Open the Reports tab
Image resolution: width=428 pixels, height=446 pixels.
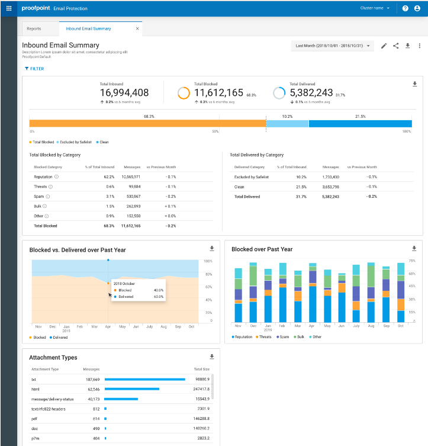34,28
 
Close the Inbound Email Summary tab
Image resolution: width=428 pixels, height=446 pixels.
137,28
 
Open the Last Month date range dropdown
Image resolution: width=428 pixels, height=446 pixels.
333,46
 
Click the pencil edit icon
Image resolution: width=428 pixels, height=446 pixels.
384,46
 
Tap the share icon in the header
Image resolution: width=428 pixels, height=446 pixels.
395,46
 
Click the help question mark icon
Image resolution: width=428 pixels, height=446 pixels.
405,8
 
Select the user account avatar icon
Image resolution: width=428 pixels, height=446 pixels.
417,8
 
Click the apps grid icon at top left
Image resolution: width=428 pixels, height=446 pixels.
9,8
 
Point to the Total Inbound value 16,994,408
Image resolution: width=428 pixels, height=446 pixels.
124,92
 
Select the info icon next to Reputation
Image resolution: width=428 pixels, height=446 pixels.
57,177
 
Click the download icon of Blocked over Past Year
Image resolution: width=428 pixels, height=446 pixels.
414,249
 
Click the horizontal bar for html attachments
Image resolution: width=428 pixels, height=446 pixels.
131,389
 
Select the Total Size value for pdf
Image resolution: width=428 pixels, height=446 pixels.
201,418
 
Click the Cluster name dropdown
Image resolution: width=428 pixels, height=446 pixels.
375,8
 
